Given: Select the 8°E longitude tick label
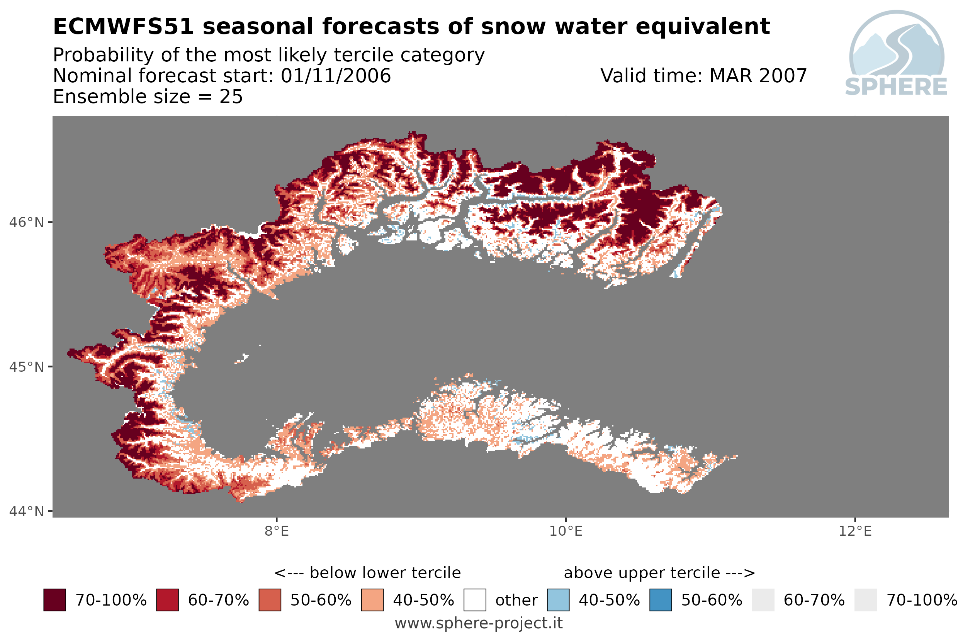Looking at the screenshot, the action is (277, 531).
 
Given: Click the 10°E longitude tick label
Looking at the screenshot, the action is (566, 531).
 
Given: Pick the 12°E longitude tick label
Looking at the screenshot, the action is (855, 531).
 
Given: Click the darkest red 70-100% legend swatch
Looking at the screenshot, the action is (54, 600).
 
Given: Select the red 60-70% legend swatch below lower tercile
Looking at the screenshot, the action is (167, 600).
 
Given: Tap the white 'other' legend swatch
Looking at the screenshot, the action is (475, 600).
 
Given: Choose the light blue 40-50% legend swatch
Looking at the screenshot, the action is (558, 600).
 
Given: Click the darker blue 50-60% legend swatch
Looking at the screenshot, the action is (661, 600).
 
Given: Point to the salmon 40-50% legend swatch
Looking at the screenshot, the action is (372, 600).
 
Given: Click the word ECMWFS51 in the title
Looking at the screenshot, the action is (123, 27).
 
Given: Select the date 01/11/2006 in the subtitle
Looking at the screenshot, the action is (336, 76).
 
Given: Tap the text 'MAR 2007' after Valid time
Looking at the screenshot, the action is (758, 76).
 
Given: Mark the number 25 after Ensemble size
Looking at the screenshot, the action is (231, 97).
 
